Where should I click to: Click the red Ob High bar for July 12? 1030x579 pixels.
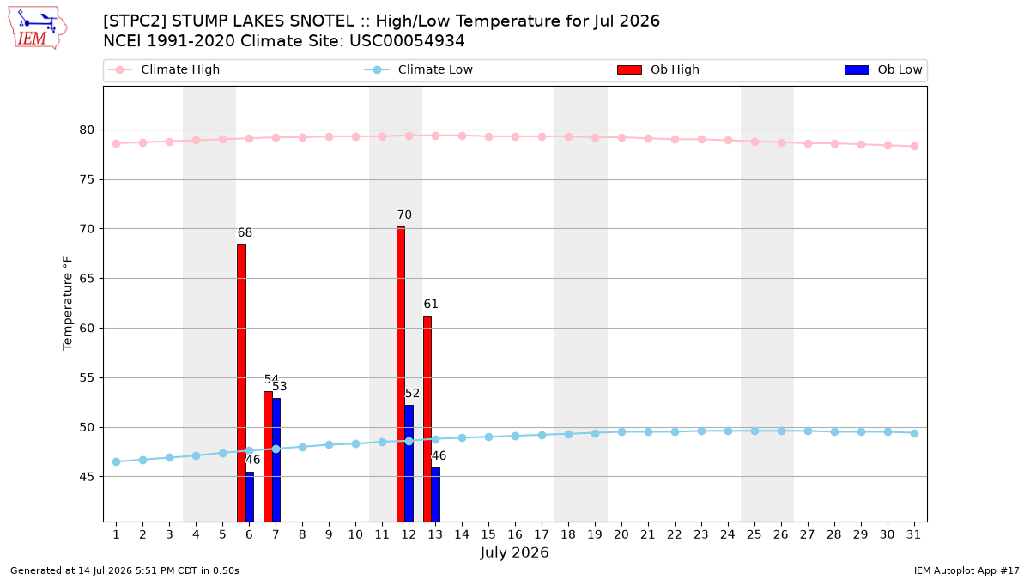401,374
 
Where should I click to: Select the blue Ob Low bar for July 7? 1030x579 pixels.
276,460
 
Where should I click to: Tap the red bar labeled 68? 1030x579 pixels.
241,383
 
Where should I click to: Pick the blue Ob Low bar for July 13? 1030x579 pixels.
435,495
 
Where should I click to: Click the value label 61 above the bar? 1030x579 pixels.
431,305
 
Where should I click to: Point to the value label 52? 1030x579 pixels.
412,394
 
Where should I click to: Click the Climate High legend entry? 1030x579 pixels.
163,69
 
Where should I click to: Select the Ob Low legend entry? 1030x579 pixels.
883,69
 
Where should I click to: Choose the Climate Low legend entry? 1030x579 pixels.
419,69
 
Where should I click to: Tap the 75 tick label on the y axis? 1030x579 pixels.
87,179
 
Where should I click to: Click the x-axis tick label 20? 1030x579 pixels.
621,534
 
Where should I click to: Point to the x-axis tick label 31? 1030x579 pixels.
913,534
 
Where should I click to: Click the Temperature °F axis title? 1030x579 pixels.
68,304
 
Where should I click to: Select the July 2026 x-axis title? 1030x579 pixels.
514,552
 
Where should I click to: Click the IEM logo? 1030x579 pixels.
37,28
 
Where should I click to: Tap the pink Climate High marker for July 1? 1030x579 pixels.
117,144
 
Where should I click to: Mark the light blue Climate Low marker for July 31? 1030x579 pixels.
914,433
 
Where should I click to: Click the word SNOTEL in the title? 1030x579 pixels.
323,21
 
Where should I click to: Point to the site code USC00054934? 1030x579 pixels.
407,41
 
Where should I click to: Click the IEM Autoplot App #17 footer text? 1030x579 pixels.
966,570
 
